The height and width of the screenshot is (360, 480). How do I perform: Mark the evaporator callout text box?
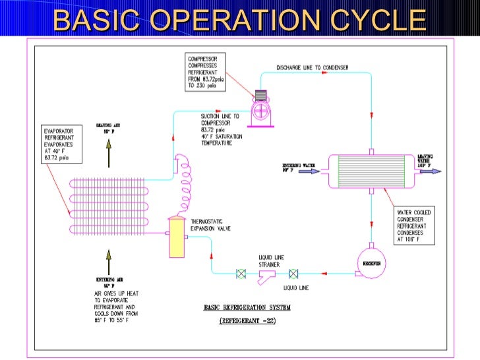(55, 144)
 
